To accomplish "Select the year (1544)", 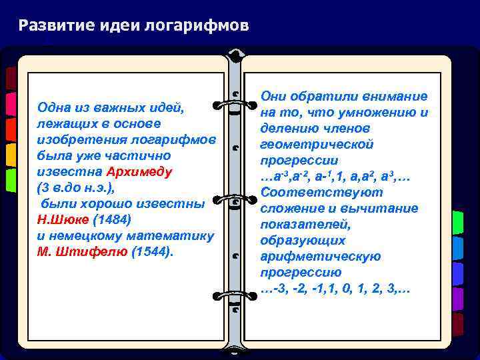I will (152, 251).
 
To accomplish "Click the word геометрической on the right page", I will (317, 145).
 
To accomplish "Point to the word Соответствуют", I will (321, 193).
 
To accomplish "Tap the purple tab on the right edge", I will (457, 298).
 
